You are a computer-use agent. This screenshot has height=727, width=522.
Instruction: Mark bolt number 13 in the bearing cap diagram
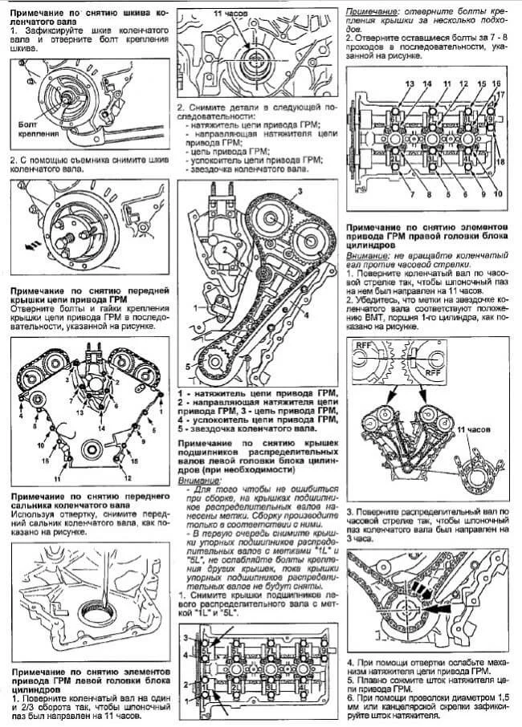tap(409, 84)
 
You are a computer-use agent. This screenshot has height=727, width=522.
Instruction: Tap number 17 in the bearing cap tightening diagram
tap(499, 95)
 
